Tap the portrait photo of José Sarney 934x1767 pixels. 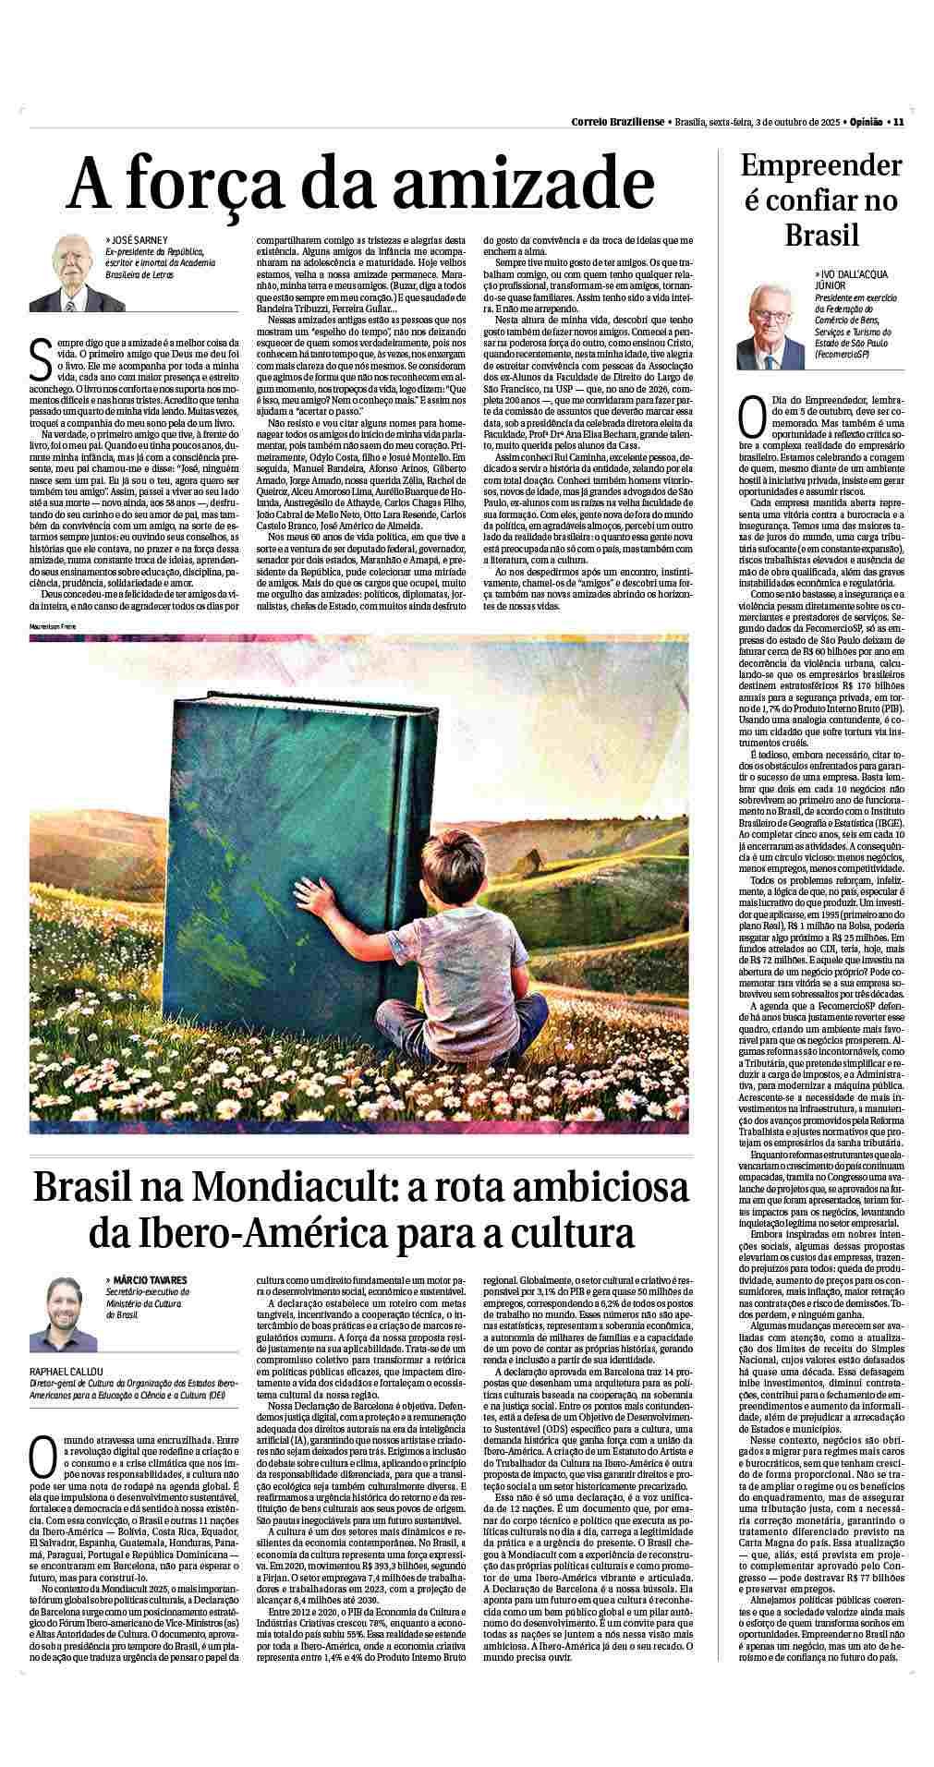[65, 273]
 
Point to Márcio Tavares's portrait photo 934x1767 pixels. [63, 1313]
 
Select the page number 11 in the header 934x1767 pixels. [898, 122]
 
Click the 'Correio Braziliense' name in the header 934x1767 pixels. [616, 122]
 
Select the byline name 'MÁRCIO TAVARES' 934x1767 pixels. [151, 1279]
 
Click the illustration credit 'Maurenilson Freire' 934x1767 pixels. [52, 627]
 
